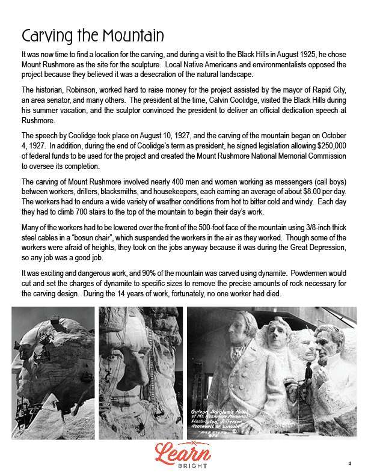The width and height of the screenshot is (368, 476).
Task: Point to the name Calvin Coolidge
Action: tap(241, 100)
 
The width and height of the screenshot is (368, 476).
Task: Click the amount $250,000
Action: tap(331, 147)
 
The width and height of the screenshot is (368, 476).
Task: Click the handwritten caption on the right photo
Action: tap(223, 418)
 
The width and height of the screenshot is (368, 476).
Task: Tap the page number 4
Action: tap(349, 463)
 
